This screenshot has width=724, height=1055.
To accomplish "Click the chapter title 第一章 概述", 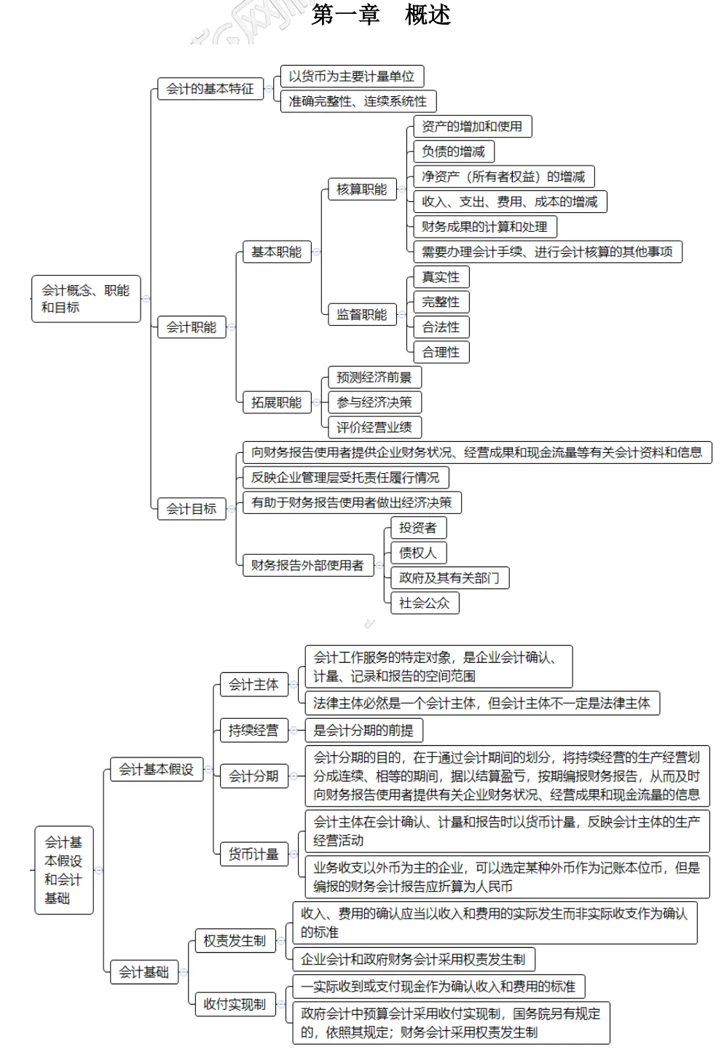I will coord(381,15).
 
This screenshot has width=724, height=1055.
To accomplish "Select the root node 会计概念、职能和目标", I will coord(85,299).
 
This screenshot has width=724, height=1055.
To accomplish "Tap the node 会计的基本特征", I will coord(210,89).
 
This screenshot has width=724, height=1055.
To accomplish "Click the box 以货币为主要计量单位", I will coord(351,77).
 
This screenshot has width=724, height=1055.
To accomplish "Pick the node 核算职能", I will coord(361,190).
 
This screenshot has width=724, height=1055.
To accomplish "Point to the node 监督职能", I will coord(361,315).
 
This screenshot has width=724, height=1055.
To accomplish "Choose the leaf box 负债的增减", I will coord(453,152).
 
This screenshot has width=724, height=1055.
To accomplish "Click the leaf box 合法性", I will coord(441,327).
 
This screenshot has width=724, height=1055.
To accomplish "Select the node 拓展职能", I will coord(276,402).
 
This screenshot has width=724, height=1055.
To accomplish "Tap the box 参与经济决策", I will coord(374,402).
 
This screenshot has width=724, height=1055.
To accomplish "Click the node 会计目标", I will coord(191,509).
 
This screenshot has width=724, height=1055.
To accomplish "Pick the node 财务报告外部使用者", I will coord(307,565).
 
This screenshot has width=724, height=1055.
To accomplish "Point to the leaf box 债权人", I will coord(417,553).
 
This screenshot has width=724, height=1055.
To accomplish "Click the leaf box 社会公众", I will coord(424,603).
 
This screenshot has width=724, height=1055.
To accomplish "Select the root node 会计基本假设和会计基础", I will coord(63,870).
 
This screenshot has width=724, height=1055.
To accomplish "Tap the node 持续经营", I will coord(253,731).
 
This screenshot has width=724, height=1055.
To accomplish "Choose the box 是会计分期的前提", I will coord(363,731).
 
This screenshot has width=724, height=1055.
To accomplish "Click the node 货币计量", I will coord(253,854).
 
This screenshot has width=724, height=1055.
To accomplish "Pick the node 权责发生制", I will coord(234,941).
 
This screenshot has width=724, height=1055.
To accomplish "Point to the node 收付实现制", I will coord(234,1004).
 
